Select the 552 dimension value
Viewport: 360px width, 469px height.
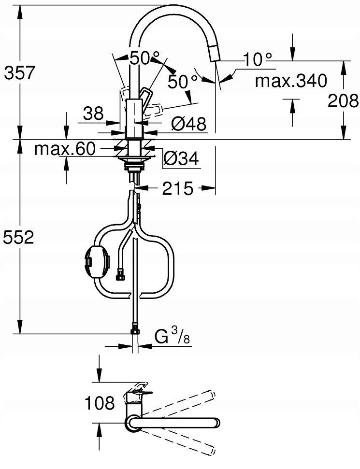18,238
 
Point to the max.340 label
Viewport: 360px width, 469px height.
291,81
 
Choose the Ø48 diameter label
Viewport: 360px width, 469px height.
189,124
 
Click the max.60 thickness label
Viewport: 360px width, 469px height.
65,148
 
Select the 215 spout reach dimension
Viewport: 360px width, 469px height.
178,188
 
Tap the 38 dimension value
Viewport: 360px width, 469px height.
93,114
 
